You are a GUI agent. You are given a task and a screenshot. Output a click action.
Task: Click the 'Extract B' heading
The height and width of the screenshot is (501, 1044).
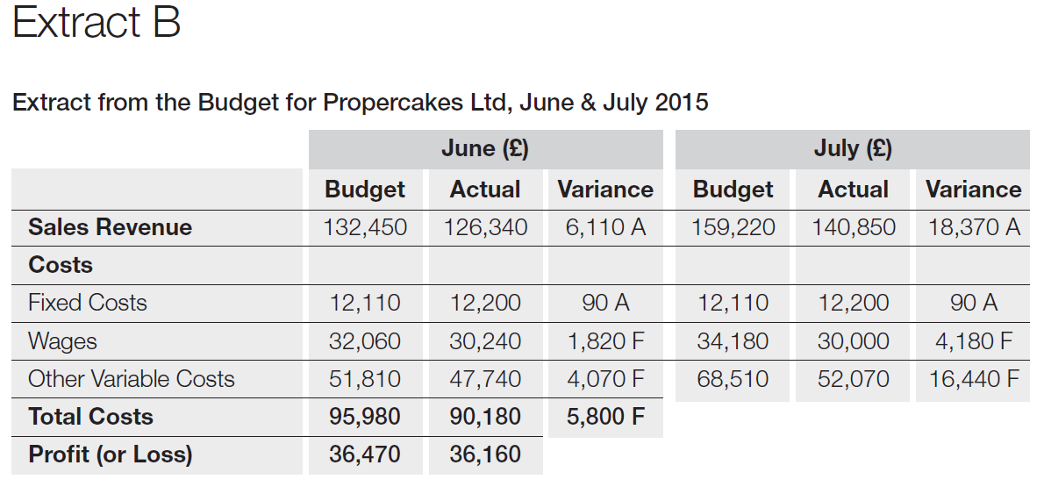point(97,24)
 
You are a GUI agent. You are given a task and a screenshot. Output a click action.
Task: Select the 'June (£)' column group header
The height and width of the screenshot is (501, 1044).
point(484,148)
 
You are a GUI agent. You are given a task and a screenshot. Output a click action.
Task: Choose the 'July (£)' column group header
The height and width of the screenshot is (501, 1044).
point(852,148)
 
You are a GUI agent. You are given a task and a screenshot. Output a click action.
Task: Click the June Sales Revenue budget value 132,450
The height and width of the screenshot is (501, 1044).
point(365,227)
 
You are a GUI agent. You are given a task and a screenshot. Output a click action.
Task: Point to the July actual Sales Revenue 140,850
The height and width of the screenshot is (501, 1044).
point(854,227)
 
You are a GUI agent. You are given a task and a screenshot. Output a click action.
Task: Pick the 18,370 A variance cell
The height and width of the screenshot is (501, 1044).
point(974,227)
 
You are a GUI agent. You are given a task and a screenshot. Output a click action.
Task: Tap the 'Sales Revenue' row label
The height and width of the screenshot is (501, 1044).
point(110,227)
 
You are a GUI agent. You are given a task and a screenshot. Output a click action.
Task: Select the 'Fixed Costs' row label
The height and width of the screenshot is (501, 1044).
point(88,303)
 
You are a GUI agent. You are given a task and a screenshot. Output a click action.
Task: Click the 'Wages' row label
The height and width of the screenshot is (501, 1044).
point(62,340)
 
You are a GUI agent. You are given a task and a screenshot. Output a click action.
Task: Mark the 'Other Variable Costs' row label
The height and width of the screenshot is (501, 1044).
point(132,379)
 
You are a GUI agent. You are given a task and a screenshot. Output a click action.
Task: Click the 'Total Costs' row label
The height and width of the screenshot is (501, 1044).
point(90,417)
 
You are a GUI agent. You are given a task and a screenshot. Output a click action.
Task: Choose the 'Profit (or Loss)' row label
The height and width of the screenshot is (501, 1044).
point(110,454)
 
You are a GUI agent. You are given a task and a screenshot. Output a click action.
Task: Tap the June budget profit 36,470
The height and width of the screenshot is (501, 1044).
point(365,454)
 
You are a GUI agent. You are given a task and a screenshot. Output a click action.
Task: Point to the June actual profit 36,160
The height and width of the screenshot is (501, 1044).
point(485,454)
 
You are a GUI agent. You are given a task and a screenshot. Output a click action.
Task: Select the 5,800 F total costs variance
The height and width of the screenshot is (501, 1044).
point(605,417)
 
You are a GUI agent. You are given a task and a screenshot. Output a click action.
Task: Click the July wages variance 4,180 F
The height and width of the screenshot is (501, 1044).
point(974,340)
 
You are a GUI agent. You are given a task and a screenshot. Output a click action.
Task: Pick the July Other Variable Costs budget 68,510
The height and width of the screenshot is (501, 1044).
point(733,379)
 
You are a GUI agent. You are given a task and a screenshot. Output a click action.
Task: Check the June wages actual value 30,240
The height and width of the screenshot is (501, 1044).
point(485,340)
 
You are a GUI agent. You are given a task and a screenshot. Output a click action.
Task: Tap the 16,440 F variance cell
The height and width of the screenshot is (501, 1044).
point(974,379)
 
